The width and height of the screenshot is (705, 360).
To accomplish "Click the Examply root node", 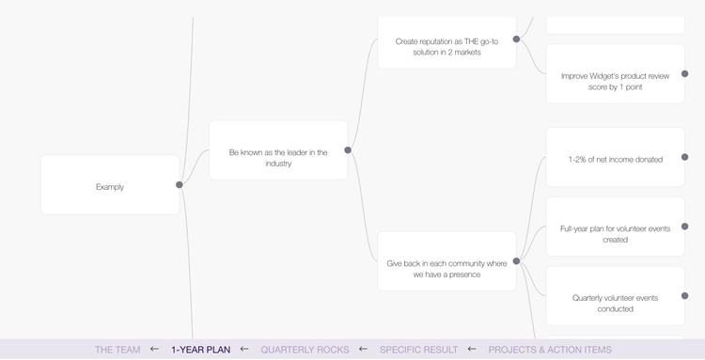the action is [109, 186].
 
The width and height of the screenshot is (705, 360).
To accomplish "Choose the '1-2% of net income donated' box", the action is [615, 158].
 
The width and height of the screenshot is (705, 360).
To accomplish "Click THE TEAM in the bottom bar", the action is [117, 350].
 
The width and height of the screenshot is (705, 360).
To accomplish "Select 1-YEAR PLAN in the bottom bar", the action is [200, 350].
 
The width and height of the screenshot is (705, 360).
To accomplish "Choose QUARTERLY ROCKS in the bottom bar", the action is [305, 350].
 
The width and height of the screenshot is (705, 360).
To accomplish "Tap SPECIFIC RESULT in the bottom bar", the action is [418, 350].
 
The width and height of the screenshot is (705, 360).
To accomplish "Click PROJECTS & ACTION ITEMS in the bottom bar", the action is [550, 350].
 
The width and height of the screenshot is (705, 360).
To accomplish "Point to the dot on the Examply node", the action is [180, 185].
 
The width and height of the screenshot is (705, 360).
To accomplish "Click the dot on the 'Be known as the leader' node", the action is [348, 150].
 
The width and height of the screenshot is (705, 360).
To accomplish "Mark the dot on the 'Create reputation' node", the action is [516, 39].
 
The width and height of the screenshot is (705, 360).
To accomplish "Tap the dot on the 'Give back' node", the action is [516, 261].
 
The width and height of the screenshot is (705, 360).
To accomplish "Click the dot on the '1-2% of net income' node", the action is [684, 157].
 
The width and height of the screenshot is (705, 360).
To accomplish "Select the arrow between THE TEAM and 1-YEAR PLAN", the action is [154, 350].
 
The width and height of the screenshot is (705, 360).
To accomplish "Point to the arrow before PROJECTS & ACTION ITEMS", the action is [472, 350].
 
